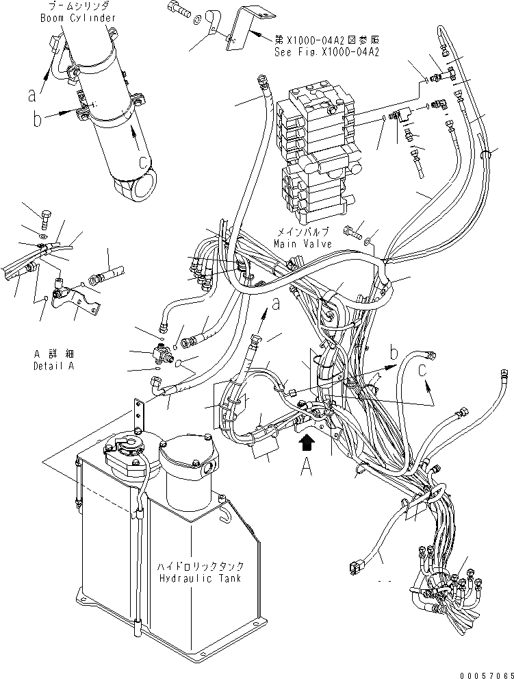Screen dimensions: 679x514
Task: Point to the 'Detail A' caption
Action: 54,366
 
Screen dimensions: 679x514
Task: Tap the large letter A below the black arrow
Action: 308,468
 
